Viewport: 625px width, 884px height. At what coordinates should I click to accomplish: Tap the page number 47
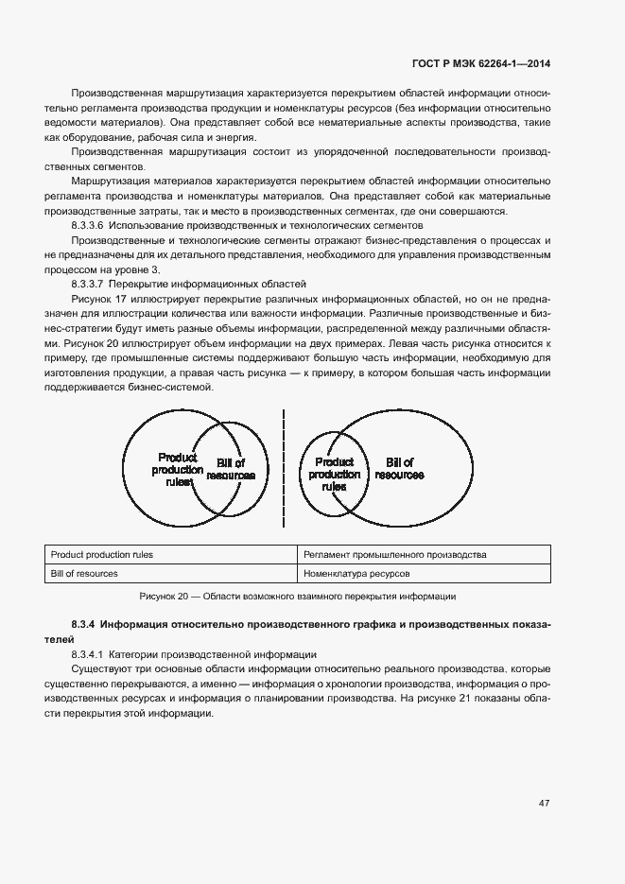coord(545,804)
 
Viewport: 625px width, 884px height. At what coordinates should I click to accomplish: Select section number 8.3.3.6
coord(89,226)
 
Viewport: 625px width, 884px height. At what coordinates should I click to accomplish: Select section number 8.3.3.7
coord(89,284)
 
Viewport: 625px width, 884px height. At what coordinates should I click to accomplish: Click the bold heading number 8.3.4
coord(83,625)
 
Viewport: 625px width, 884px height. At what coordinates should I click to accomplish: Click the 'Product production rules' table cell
coord(102,555)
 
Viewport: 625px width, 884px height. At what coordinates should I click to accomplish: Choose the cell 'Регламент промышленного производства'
coord(395,555)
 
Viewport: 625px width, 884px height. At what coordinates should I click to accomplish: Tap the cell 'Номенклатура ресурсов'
coord(357,573)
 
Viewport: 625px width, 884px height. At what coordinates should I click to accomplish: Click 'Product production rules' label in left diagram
coord(177,469)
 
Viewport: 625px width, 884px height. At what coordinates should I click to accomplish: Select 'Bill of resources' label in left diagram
coord(231,469)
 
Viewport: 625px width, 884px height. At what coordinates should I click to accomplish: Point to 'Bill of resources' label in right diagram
coord(398,468)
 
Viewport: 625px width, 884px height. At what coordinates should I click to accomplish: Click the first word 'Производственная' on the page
coord(112,94)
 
